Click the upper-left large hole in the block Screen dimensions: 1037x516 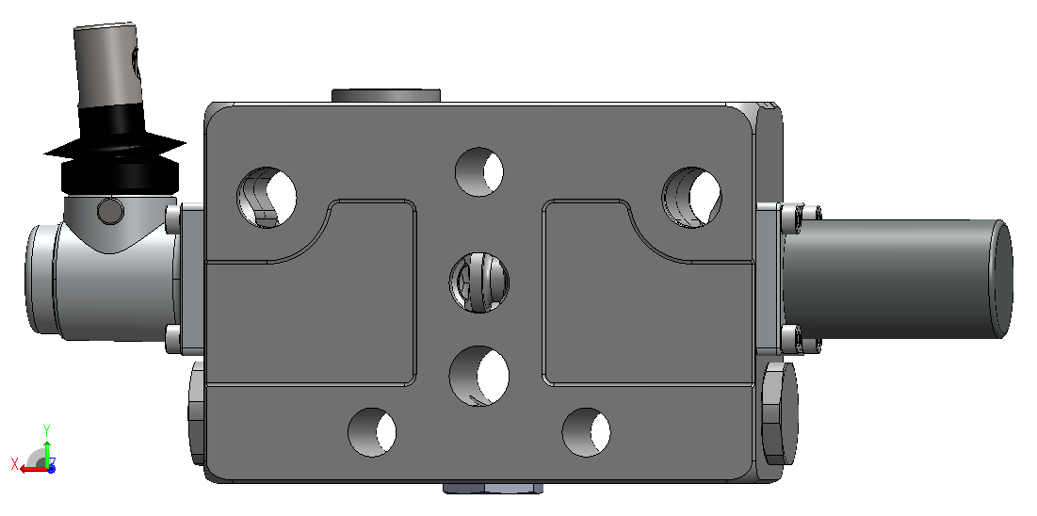pyautogui.click(x=267, y=197)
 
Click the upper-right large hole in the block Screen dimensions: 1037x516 pyautogui.click(x=691, y=197)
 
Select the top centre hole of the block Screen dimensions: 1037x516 pyautogui.click(x=479, y=172)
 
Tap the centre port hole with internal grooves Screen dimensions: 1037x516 pyautogui.click(x=479, y=283)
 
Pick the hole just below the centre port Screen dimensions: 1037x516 pyautogui.click(x=479, y=376)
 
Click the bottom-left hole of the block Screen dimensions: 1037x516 pyautogui.click(x=372, y=432)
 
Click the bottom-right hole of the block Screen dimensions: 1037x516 pyautogui.click(x=586, y=432)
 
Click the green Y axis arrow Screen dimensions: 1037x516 pyautogui.click(x=47, y=446)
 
